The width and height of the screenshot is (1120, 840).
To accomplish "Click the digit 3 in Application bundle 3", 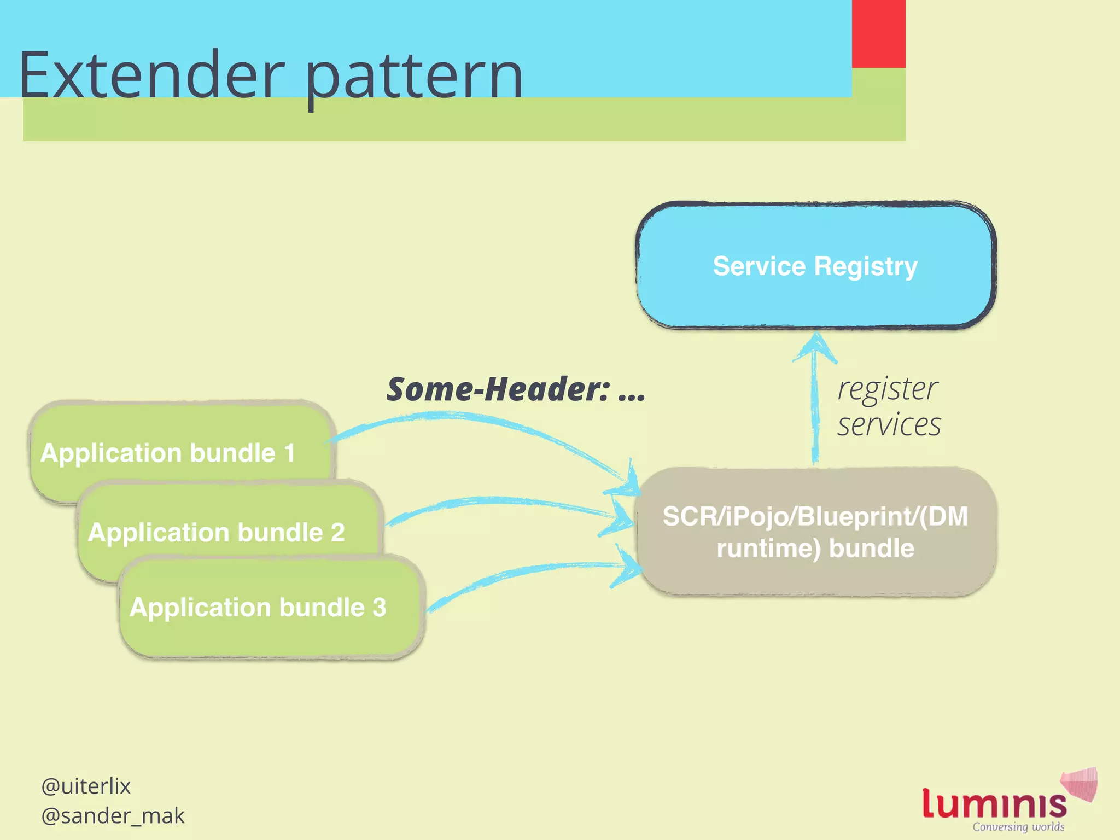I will pos(379,608).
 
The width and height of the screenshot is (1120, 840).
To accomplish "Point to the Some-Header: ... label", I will pos(516,389).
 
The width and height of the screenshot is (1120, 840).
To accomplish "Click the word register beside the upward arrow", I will pos(888,389).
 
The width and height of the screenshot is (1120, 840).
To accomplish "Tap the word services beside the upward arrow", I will pos(889,425).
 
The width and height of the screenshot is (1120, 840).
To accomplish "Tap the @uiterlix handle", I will pos(86,786).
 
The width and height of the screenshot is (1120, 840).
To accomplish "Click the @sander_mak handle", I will pos(113,816).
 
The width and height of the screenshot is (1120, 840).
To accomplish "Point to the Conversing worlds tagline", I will pos(1018,827).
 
